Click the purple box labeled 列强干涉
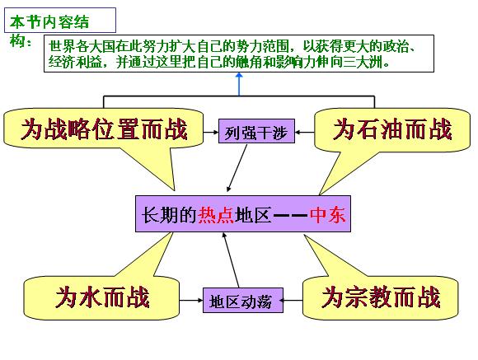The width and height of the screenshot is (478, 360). tap(256, 131)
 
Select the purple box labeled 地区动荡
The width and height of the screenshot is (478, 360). tap(243, 300)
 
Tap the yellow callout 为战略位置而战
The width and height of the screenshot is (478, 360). tap(104, 131)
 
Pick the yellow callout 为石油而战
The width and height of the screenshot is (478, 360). tap(392, 131)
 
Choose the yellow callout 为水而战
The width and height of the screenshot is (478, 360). tap(101, 297)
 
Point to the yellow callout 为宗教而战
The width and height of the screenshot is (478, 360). tap(381, 297)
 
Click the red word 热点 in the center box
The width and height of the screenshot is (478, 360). tap(216, 215)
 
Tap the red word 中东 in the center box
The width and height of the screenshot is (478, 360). tap(328, 215)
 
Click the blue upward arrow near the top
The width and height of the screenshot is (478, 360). tap(239, 84)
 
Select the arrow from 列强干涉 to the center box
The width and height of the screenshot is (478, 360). tap(237, 168)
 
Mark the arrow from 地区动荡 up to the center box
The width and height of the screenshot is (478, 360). tap(231, 260)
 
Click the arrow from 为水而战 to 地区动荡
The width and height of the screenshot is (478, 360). tap(191, 300)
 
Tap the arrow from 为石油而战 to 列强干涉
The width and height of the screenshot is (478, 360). tap(305, 133)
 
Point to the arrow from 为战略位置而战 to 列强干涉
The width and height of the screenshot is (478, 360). tap(211, 133)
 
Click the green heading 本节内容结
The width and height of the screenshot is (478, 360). tap(49, 22)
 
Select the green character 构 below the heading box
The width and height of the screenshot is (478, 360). tap(17, 40)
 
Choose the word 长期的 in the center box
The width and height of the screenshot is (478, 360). tap(170, 215)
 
